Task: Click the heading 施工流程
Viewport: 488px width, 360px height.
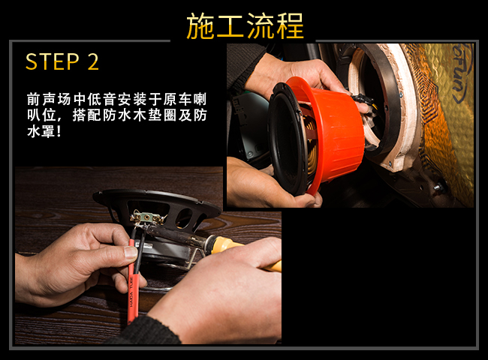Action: [245, 26]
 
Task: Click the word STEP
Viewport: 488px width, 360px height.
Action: [53, 61]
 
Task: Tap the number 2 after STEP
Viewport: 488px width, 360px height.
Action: [93, 61]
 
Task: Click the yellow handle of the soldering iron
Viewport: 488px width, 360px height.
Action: [246, 252]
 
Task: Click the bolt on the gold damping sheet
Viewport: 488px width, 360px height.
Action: [438, 187]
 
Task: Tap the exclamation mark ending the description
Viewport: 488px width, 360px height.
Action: [59, 132]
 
